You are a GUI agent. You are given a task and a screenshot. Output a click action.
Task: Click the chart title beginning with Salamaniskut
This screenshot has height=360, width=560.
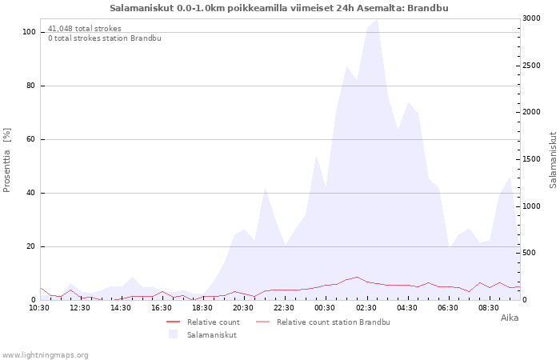278,8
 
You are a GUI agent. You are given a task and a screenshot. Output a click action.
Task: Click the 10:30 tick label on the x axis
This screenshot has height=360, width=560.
38,307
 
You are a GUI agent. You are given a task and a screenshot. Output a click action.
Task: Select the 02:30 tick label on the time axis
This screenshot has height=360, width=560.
366,307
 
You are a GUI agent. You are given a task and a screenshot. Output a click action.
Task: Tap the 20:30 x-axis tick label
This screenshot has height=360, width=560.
243,307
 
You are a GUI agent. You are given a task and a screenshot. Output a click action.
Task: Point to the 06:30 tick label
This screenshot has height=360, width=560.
448,307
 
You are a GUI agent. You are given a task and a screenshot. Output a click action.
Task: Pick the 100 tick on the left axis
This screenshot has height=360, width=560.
29,32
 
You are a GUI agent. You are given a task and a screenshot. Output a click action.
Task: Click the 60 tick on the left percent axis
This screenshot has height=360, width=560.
31,139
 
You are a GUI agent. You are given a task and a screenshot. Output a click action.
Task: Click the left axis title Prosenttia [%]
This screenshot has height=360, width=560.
8,159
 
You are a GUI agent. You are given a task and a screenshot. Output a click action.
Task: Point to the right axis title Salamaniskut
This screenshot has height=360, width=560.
553,160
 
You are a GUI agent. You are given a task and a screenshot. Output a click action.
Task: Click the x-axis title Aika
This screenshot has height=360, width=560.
509,318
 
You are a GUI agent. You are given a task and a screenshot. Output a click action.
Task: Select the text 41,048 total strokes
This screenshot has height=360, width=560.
85,28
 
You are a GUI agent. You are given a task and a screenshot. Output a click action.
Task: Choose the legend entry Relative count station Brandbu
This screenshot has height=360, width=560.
333,322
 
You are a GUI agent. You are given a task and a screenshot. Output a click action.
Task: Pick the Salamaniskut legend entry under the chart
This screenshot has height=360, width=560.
211,334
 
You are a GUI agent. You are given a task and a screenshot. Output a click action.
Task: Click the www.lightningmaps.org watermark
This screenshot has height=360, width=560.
45,354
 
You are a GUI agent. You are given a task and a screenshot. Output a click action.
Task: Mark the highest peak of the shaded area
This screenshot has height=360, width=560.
377,20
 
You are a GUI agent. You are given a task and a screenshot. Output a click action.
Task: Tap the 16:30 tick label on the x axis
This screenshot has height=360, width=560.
162,307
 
